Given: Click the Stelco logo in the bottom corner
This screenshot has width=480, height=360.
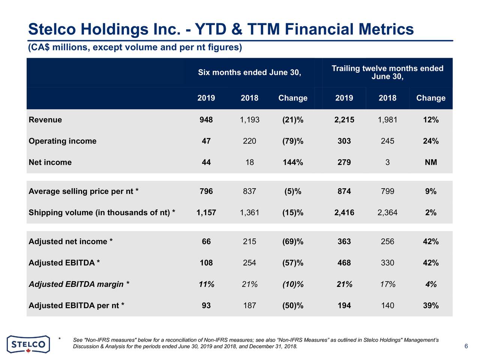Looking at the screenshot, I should pos(28,344).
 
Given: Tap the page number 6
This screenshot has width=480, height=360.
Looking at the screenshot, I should pos(466,346).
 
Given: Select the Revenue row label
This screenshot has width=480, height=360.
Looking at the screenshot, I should pos(45,120).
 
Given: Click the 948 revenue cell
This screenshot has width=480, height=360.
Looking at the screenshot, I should pos(206,120).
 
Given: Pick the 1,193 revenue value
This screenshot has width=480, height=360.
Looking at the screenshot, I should pos(249,120).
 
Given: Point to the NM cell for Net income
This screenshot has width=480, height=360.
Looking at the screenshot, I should pos(430,162).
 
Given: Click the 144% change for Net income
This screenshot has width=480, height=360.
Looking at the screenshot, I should pos(292,162).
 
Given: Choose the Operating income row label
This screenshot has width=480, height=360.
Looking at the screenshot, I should pos(63,141).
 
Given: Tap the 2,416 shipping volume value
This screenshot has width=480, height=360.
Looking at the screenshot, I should pos(344,213).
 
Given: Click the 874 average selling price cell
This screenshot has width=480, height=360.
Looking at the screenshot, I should pos(344,192).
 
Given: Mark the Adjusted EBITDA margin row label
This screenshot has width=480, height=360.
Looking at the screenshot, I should pos(79,284).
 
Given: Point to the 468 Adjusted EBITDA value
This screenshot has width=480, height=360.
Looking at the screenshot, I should pos(344,263).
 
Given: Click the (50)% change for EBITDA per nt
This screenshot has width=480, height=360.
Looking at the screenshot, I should pos(292,306).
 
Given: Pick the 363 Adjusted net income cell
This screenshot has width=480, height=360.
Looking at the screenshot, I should pos(344,241).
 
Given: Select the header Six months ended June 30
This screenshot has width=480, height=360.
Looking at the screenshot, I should pos(249,72).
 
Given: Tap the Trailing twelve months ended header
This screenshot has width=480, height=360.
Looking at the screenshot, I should pos(387,69).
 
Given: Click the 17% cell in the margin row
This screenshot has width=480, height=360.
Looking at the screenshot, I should pos(387,284).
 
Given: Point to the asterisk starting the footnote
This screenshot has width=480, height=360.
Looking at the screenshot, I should pos(60,339).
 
